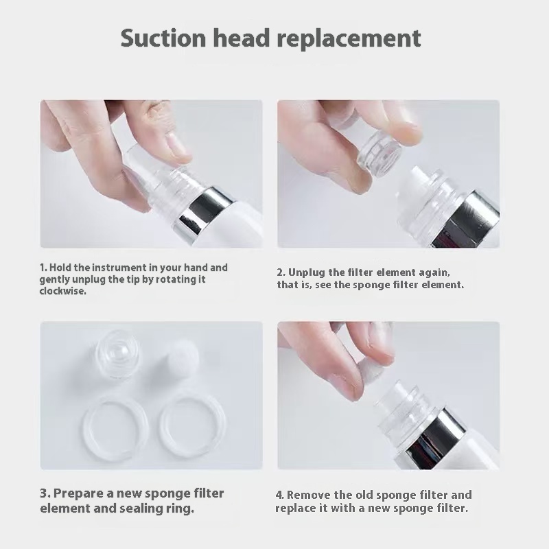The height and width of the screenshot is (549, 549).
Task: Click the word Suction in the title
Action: pos(163,38)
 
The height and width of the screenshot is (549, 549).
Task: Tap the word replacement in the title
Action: pos(349,39)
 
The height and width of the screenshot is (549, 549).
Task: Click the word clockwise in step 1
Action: pos(62,291)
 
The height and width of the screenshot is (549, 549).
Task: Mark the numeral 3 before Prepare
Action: pos(45,493)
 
